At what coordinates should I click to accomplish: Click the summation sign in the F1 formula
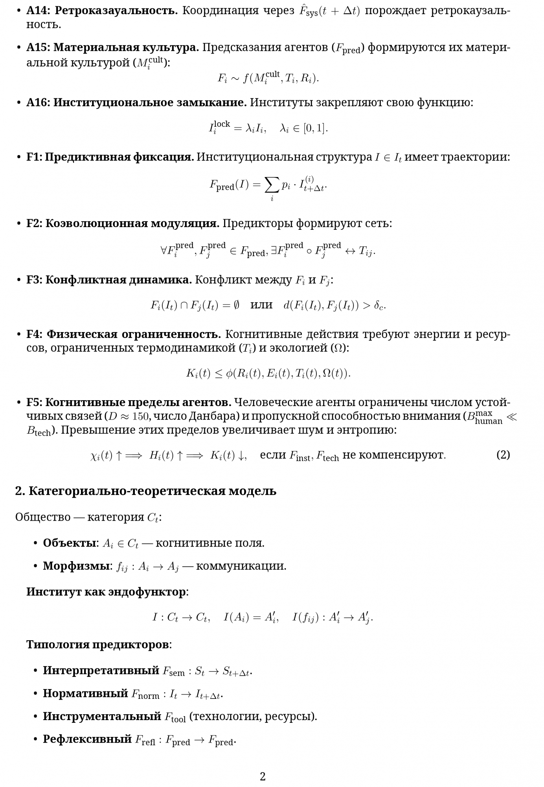(x=272, y=185)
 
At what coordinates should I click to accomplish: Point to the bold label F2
(x=34, y=224)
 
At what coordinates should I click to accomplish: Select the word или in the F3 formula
(x=261, y=305)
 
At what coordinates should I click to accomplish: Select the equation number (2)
(x=503, y=455)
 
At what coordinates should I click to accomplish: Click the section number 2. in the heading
(x=20, y=491)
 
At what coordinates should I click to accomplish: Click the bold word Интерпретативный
(x=101, y=671)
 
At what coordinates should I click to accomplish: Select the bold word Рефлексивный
(x=87, y=739)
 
